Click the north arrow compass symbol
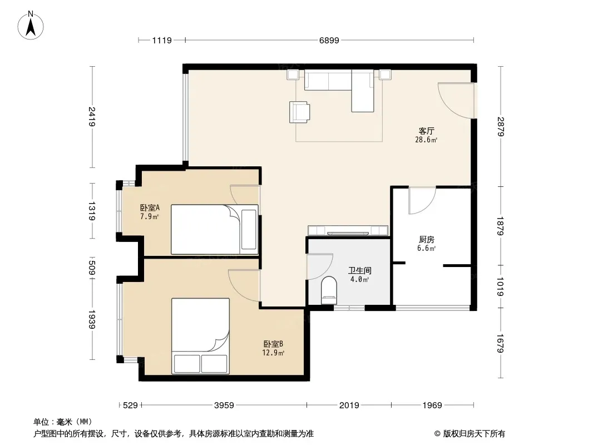coord(31,26)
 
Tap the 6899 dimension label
coord(329,41)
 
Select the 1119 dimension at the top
coord(162,41)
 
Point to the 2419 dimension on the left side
coord(92,116)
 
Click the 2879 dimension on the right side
coord(501,126)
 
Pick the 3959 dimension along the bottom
coord(224,406)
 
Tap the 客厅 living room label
coord(426,131)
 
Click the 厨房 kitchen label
coord(426,239)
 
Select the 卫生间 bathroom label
coord(360,270)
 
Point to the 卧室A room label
coord(150,207)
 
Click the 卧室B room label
coord(273,344)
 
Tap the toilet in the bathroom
coord(329,290)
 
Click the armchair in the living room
coord(299,112)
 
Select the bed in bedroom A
coord(214,230)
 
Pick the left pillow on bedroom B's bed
coord(186,364)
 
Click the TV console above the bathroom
coord(348,230)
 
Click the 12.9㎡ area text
coord(273,353)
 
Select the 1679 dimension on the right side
coord(501,343)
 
